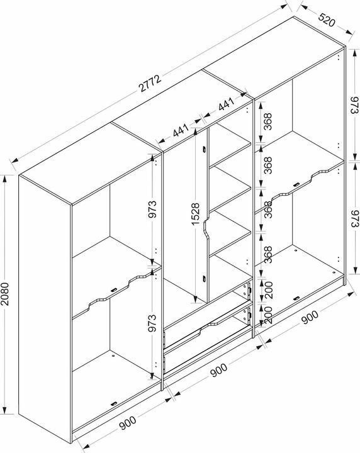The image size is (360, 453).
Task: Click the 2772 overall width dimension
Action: tap(150, 84)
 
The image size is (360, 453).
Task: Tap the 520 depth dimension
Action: tap(327, 20)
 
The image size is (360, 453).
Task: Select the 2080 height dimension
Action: tap(6, 294)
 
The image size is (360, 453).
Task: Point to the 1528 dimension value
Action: tap(195, 214)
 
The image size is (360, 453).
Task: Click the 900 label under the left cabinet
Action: tap(127, 423)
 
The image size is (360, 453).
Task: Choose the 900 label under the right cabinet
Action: tap(310, 317)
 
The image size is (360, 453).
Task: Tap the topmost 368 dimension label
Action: tap(268, 121)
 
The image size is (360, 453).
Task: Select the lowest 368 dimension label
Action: tap(268, 254)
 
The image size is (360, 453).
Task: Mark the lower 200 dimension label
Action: tap(268, 315)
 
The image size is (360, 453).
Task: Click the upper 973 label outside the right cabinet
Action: tap(354, 105)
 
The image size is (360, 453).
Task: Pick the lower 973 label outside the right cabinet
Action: tap(354, 218)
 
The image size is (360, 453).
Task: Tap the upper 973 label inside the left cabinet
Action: tap(152, 209)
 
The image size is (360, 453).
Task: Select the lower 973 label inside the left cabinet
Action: tap(152, 322)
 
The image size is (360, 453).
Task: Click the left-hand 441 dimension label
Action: tap(181, 130)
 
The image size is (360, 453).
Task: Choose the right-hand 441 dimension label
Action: tap(226, 104)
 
